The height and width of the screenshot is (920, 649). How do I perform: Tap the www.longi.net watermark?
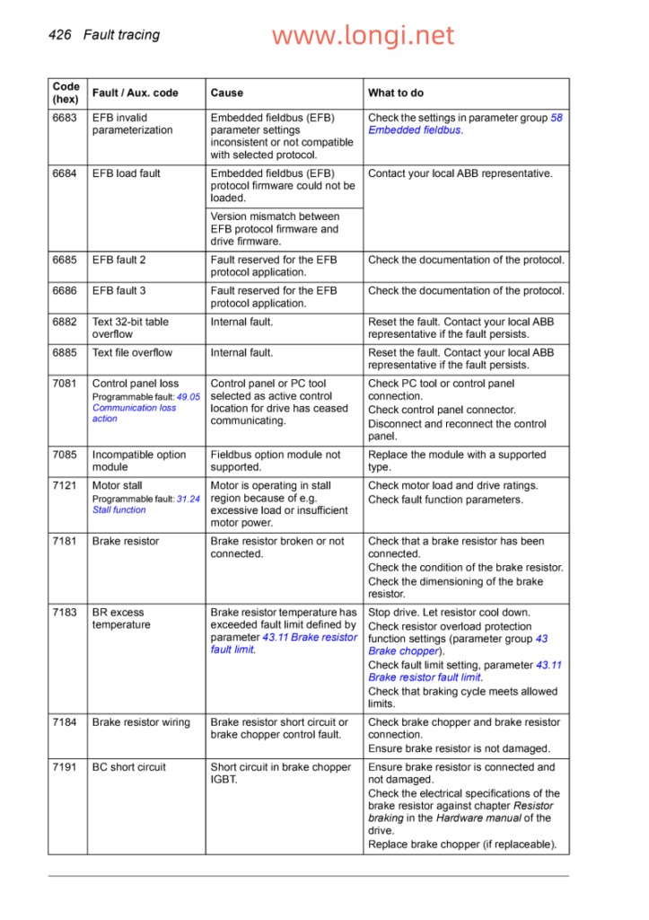pos(363,36)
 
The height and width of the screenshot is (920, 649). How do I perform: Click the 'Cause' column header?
pos(226,93)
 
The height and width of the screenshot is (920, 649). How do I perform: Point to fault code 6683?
pos(65,118)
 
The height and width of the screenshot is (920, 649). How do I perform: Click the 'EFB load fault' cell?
pos(125,173)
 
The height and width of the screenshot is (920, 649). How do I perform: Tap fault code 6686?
pos(65,291)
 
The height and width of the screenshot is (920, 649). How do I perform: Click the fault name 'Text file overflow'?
pos(132,353)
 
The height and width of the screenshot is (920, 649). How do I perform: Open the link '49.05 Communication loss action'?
pos(135,408)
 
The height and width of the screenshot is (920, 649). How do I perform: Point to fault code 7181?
pos(65,542)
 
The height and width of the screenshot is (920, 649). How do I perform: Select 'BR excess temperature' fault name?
pos(121,618)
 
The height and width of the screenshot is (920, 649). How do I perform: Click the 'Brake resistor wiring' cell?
pos(141,722)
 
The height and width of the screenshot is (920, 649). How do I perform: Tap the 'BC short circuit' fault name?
pos(128,767)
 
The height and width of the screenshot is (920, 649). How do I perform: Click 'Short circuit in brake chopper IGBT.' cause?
pos(280,774)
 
